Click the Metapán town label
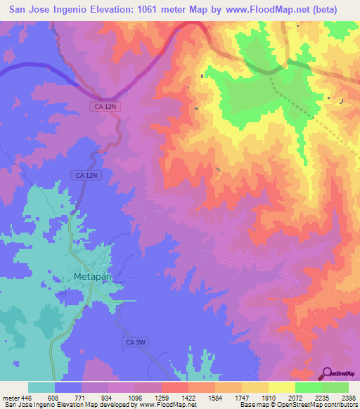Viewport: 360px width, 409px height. click(x=93, y=277)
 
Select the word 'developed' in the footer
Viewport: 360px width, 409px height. click(x=117, y=405)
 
